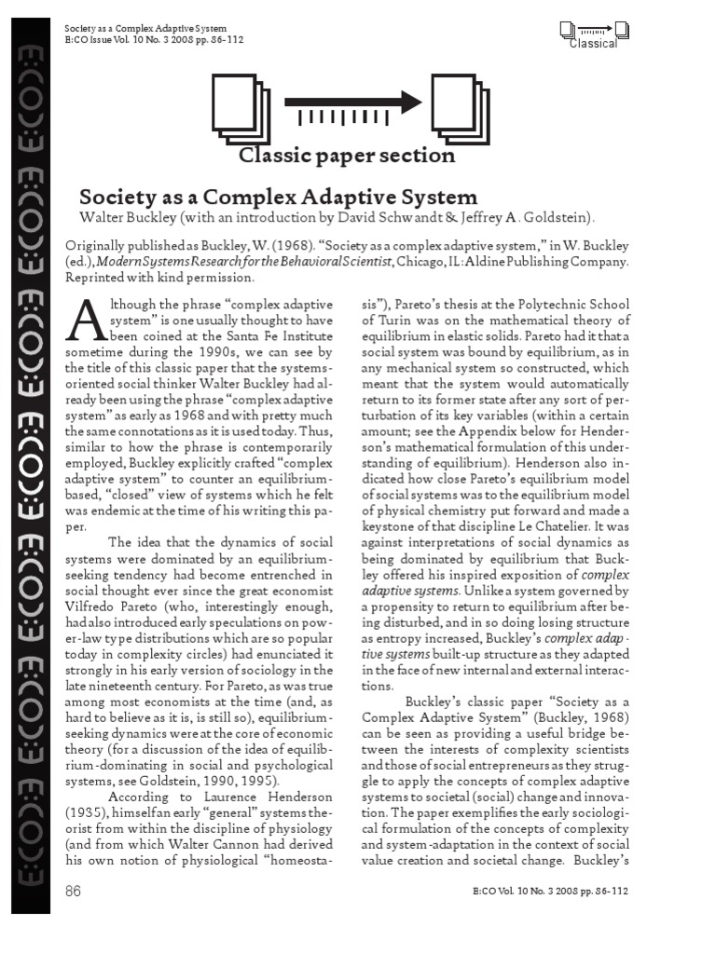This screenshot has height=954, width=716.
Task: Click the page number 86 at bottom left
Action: pos(73,892)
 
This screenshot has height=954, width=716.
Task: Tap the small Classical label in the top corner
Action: pos(594,44)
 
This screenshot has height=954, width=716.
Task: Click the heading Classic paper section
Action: pos(347,155)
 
